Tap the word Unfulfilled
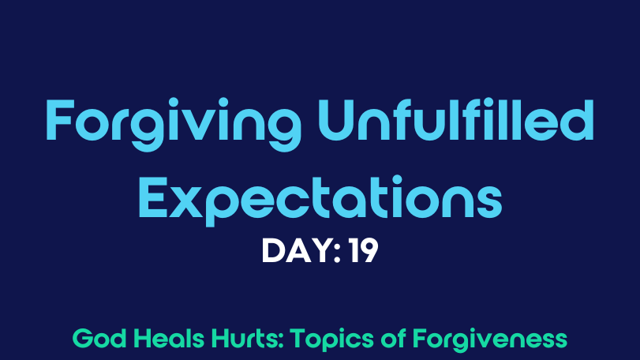point(456,120)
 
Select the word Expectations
point(320,200)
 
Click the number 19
point(363,250)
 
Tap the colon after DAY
point(337,253)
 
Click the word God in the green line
point(99,339)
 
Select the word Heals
point(169,339)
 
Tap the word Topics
point(332,340)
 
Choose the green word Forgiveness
point(490,340)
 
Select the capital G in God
point(83,339)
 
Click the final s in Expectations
point(489,203)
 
